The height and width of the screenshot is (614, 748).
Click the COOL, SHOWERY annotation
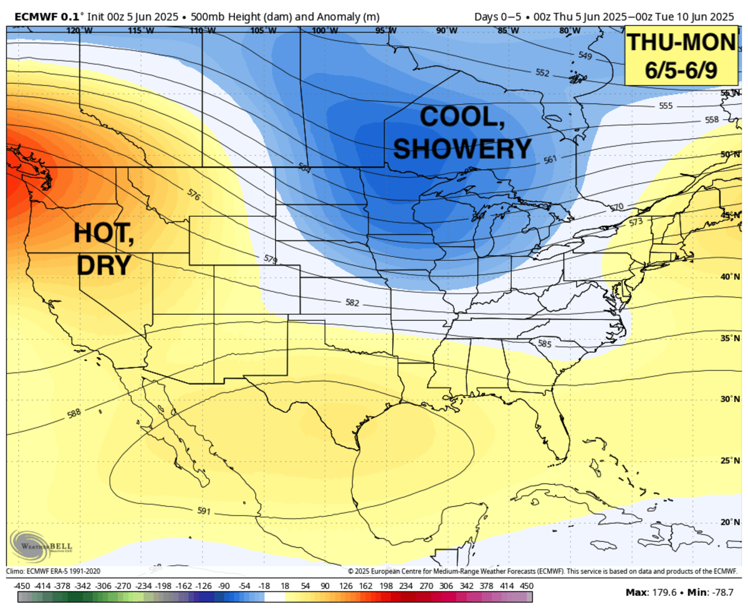coord(463,132)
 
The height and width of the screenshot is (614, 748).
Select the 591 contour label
coord(204,511)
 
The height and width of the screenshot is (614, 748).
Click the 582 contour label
coord(353,302)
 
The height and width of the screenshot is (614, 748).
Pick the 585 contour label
coord(544,343)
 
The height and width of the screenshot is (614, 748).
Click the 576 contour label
coord(194,194)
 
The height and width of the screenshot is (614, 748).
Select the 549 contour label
coord(585,56)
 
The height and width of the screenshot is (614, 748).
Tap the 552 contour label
coord(542,73)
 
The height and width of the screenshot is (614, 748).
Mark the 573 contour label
coord(636,222)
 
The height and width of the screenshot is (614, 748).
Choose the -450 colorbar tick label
coord(22,587)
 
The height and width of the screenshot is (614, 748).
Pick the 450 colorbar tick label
coord(527,587)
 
